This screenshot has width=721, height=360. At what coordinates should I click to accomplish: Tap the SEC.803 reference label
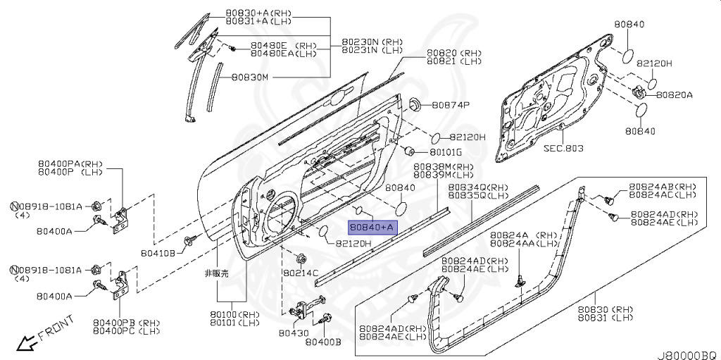click(x=563, y=149)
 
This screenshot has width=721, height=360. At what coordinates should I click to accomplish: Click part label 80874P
click(x=451, y=105)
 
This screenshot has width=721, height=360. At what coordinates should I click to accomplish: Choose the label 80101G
click(x=446, y=152)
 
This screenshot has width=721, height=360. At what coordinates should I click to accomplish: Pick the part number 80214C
click(x=301, y=272)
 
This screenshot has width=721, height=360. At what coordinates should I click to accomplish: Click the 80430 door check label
click(x=293, y=332)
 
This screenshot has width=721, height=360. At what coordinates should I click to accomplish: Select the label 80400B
click(x=323, y=342)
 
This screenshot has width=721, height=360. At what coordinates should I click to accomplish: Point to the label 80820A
click(x=675, y=94)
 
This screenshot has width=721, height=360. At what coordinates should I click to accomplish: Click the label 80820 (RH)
click(x=453, y=53)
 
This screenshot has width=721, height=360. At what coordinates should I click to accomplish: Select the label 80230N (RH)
click(x=372, y=42)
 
